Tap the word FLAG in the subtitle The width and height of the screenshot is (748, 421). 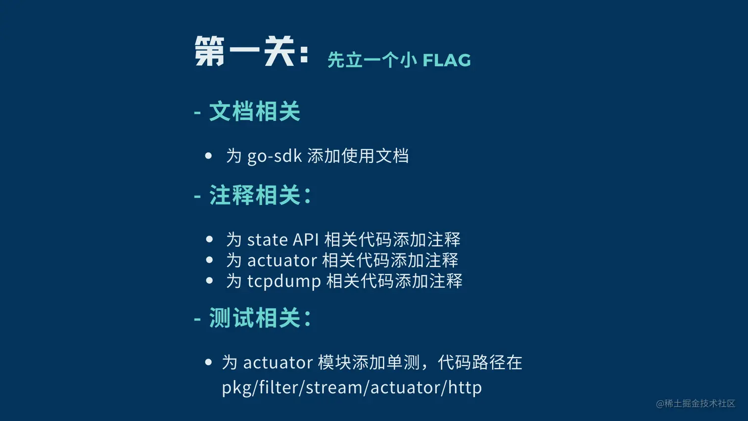click(x=446, y=60)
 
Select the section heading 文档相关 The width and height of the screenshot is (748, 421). click(x=255, y=111)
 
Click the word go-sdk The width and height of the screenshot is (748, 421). click(x=275, y=156)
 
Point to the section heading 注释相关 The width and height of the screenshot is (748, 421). click(x=255, y=195)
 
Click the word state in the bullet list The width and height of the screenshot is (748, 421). click(x=267, y=240)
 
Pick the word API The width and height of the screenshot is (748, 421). click(x=306, y=240)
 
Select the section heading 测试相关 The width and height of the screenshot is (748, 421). click(x=255, y=318)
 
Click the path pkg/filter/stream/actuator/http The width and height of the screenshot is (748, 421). click(x=352, y=387)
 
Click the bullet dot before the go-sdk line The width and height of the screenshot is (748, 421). click(x=209, y=156)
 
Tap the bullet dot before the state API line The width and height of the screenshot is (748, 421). click(x=209, y=239)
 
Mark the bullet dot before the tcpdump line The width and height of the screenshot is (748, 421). click(x=209, y=281)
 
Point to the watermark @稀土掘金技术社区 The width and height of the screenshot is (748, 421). click(x=696, y=404)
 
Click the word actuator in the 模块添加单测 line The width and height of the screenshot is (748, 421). click(x=278, y=363)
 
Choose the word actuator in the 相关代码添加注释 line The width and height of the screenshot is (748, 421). click(x=282, y=260)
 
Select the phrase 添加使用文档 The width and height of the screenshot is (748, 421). click(x=358, y=156)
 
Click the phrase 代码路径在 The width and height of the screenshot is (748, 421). click(x=480, y=363)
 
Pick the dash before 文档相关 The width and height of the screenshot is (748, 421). click(x=197, y=112)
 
